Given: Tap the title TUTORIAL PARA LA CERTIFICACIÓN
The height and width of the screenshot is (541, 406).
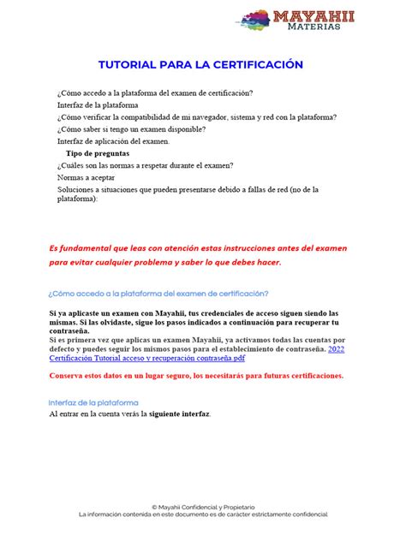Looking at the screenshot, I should click(202, 65).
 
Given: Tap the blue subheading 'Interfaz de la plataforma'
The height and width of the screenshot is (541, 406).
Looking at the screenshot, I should click(93, 401).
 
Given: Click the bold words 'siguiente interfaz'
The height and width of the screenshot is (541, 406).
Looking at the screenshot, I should click(176, 414).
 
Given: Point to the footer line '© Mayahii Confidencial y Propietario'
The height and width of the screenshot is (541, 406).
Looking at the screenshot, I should click(202, 507).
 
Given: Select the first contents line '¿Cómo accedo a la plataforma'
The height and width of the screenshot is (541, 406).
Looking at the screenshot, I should click(154, 92).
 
